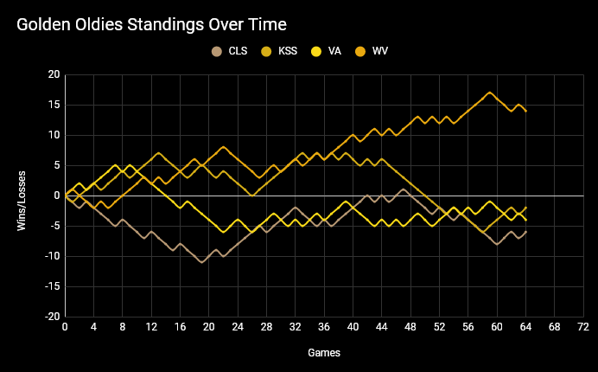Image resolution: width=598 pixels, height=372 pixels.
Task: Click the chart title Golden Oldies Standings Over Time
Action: point(152,25)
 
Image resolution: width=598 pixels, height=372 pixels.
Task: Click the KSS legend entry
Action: point(285,51)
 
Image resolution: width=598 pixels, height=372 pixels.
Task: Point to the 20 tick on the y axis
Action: point(54,75)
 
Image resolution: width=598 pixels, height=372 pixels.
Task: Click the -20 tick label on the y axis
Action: point(52,317)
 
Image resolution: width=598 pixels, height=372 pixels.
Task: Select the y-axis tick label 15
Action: point(54,106)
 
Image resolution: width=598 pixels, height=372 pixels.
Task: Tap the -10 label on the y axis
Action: point(52,256)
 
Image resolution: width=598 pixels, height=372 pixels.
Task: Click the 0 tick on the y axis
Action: point(56,196)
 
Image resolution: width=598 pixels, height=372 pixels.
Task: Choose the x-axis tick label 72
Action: point(583,327)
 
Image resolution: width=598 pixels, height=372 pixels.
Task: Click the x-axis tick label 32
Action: point(296,327)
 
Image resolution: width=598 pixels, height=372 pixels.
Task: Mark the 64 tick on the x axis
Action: point(525,327)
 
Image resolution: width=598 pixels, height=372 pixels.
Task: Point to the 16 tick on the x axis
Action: point(180,327)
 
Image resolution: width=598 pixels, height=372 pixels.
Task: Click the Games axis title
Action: point(324,353)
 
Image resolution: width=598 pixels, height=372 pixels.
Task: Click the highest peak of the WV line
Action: point(490,93)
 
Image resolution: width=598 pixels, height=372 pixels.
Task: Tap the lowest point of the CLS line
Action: point(202,262)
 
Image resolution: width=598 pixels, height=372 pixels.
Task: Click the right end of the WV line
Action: point(525,111)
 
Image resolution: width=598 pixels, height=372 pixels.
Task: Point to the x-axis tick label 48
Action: point(410,327)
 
